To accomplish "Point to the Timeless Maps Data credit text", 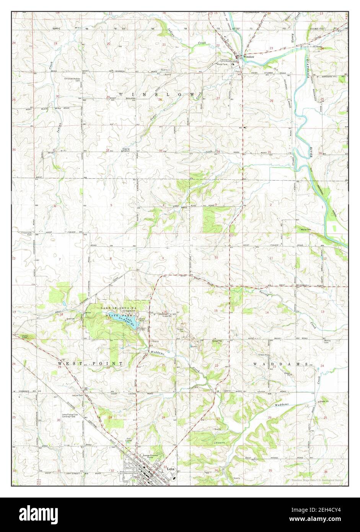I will tap(317, 480).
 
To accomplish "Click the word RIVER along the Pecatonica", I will tap(311, 152).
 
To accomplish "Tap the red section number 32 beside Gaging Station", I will tap(108, 150).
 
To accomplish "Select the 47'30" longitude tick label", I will tap(234, 28).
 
